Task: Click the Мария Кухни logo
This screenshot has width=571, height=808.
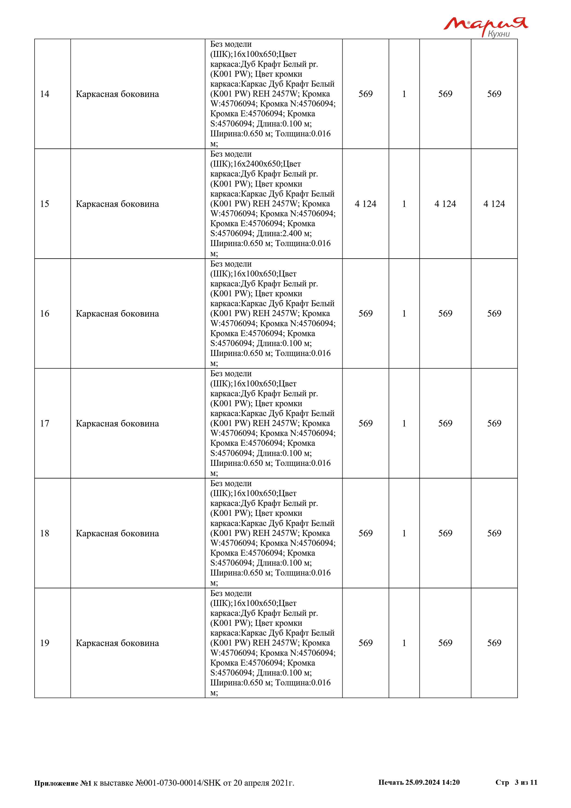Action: [x=485, y=26]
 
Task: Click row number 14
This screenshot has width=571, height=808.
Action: [x=45, y=94]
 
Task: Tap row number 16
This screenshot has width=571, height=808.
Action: [x=45, y=314]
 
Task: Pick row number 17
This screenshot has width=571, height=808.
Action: [x=45, y=423]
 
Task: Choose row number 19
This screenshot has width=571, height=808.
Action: [x=45, y=643]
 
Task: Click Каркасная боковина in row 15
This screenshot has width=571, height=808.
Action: [x=117, y=204]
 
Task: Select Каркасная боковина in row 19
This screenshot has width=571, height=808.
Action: [x=117, y=643]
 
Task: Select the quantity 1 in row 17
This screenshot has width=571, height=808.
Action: [x=404, y=423]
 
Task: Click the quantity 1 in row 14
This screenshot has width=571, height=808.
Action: [x=404, y=94]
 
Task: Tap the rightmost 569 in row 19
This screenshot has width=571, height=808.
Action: [x=494, y=643]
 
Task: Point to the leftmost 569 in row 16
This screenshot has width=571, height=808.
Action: [x=365, y=314]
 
